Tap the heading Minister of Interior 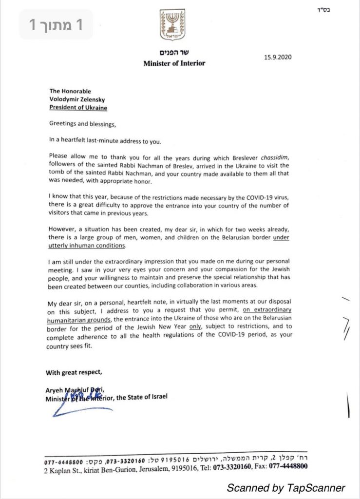pyautogui.click(x=174, y=63)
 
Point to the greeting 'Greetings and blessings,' pyautogui.click(x=83, y=123)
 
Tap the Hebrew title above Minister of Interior pyautogui.click(x=173, y=54)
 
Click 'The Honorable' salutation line pyautogui.click(x=69, y=91)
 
